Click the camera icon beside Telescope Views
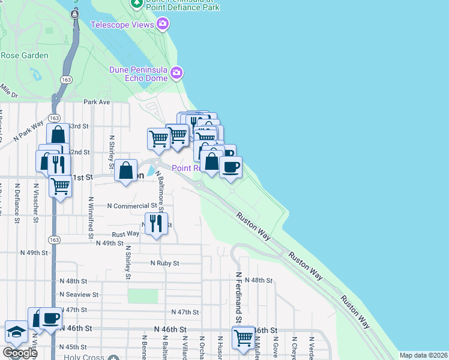pos(162,24)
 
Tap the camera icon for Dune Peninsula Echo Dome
pos(176,73)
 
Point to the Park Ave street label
pos(97,102)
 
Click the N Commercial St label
pos(131,206)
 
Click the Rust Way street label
pos(125,235)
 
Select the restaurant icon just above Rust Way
pos(156,224)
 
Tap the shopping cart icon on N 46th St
pos(243,337)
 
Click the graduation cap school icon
pos(16,332)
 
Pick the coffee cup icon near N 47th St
pos(50,318)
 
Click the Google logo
pos(20,353)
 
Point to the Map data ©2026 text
pos(423,355)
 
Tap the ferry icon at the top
pos(74,13)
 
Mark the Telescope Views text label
pos(122,25)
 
